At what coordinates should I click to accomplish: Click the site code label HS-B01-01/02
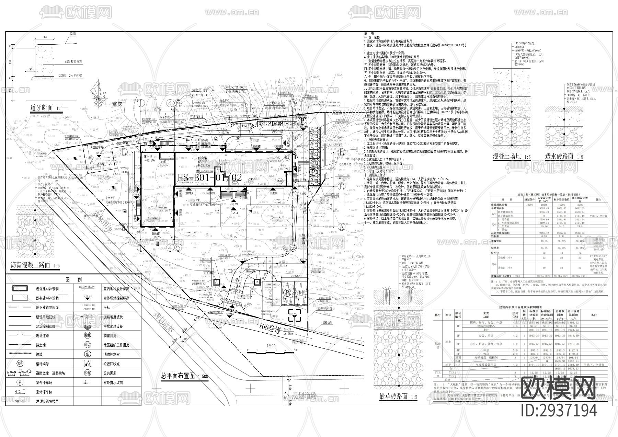pyautogui.click(x=210, y=177)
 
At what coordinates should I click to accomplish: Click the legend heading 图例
pyautogui.click(x=73, y=279)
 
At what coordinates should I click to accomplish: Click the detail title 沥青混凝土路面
pyautogui.click(x=30, y=265)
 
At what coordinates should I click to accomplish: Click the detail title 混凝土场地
pyautogui.click(x=507, y=157)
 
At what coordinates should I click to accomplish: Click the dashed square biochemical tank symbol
pyautogui.click(x=295, y=314)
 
